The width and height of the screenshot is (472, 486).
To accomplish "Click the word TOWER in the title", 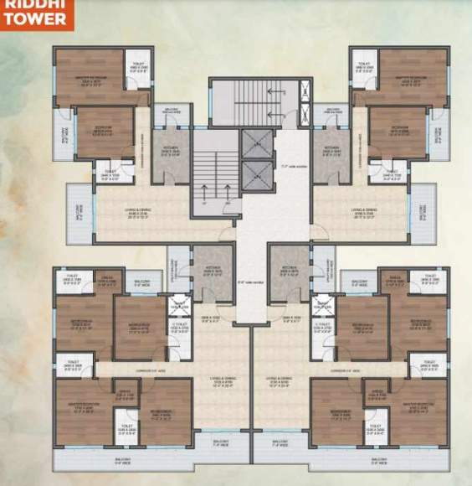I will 28,19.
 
